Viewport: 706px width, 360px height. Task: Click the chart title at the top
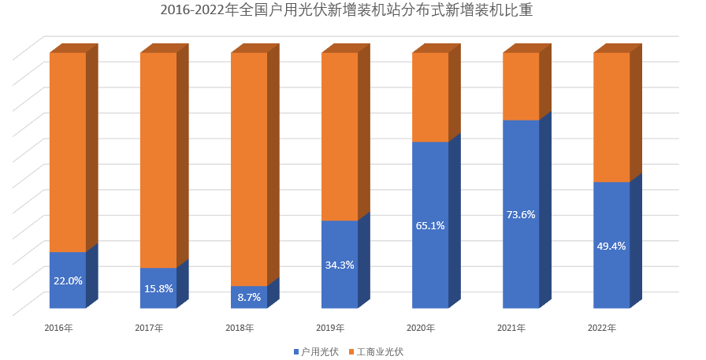click(352, 11)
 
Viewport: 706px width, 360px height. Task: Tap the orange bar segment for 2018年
click(249, 169)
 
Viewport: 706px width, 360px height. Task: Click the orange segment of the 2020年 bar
click(430, 97)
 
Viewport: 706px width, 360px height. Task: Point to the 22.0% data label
click(68, 280)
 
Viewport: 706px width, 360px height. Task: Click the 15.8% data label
click(158, 288)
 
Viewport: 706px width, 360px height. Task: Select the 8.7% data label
click(249, 297)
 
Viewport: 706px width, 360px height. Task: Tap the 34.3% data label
click(340, 265)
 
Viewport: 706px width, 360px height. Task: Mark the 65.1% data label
click(430, 225)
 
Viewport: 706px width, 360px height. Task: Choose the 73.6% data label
click(521, 214)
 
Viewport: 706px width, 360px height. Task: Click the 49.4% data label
click(611, 246)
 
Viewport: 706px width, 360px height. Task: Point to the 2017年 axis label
click(149, 328)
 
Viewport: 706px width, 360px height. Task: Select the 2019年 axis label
click(330, 328)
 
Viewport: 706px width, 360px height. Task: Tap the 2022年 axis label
click(602, 328)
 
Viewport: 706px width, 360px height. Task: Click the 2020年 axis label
click(421, 328)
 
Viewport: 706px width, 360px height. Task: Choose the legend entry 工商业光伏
click(380, 351)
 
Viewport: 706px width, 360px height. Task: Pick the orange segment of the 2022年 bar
click(611, 117)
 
